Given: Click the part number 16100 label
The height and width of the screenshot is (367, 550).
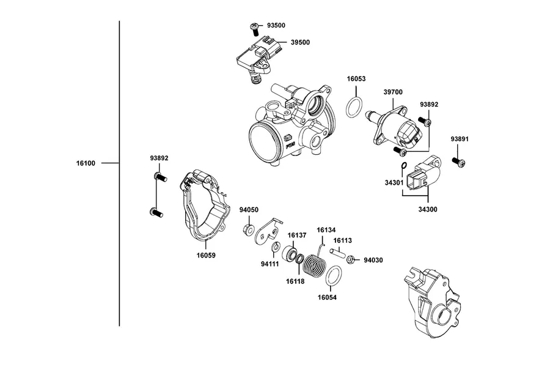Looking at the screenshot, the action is point(86,163).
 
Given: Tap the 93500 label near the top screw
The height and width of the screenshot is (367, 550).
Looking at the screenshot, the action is point(276,25).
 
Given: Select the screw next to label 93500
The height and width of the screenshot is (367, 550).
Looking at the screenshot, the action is point(254,29).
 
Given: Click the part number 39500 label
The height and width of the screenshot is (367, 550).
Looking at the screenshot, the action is point(300,42).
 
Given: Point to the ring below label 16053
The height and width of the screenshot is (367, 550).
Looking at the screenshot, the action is point(354,108).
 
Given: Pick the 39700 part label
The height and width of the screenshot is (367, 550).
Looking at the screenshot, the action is point(393,92).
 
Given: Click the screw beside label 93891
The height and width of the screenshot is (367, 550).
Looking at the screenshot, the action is point(458,162).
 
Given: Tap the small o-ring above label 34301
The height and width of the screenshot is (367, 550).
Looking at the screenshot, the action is point(403,166).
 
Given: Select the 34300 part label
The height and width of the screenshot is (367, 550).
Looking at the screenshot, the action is point(428,210).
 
